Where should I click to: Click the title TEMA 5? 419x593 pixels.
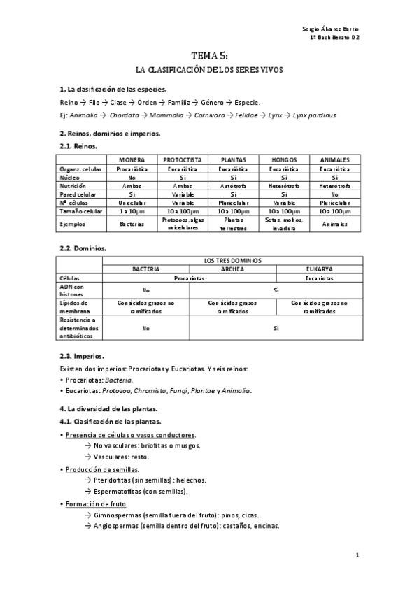pos(209,56)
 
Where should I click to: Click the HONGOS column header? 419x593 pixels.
pos(284,160)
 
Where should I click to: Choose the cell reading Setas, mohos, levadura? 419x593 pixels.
pos(284,224)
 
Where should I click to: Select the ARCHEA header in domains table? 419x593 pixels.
pos(232,269)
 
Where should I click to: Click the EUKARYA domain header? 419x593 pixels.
pos(320,269)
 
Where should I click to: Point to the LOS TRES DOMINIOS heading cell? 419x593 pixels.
pos(232,260)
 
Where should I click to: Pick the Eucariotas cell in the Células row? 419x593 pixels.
pos(320,278)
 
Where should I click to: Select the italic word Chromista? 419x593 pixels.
pos(169,391)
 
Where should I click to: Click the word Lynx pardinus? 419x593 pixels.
pos(314,115)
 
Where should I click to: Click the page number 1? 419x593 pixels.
pos(357,555)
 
